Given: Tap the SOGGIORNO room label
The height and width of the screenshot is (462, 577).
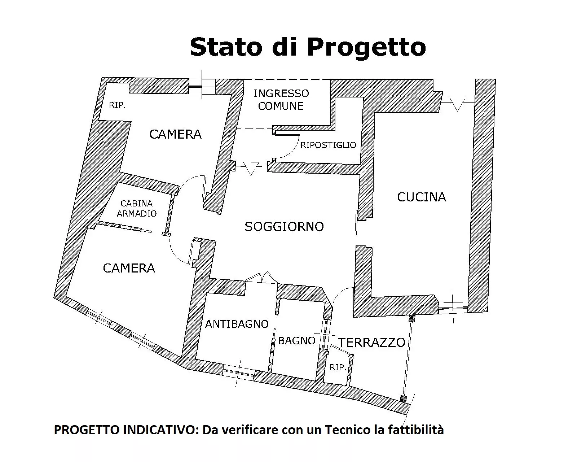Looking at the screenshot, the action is tap(284, 227).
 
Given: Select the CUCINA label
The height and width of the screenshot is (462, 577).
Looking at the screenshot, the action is tap(422, 197).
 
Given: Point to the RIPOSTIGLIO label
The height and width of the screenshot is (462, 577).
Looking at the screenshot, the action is tap(328, 145).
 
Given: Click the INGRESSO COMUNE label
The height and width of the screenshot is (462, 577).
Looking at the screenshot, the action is tap(281, 100).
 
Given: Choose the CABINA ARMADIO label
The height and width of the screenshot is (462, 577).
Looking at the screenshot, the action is tap(137, 209).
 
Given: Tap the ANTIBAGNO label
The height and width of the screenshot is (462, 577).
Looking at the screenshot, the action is tap(237, 324).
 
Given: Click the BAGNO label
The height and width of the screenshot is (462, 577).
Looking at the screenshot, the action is tap(297, 341).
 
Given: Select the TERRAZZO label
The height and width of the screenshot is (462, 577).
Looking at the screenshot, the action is tap(371, 343).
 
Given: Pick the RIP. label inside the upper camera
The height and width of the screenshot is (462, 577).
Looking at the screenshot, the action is tap(117, 105).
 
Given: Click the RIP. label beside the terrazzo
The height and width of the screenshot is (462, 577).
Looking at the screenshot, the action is tap(338, 367).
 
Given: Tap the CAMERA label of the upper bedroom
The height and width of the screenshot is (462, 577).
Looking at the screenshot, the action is tap(175, 134).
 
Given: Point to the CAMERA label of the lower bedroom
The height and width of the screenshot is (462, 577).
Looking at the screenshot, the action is tap(129, 268).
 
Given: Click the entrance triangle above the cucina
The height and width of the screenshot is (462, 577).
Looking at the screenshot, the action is tap(457, 104).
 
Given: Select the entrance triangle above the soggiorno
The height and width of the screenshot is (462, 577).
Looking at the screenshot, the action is tap(251, 169).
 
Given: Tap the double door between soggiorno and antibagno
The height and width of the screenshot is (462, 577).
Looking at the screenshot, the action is tap(262, 278).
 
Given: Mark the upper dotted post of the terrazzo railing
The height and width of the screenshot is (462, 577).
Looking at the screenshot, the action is tap(411, 318).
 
